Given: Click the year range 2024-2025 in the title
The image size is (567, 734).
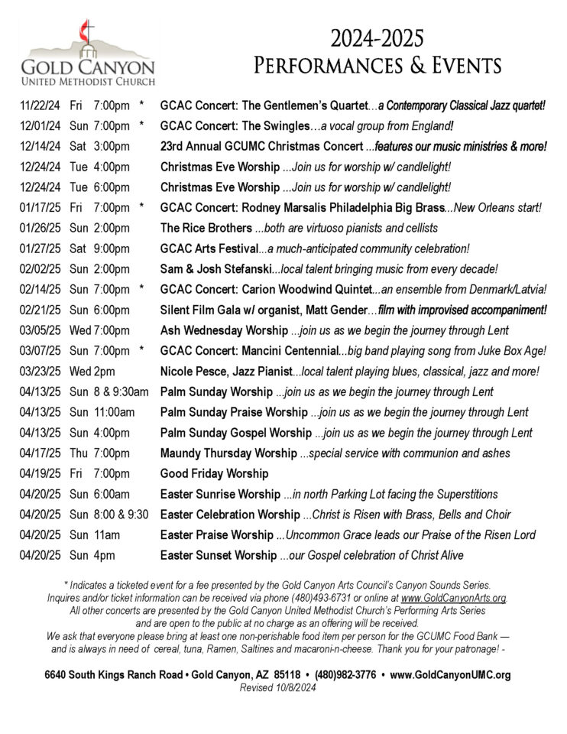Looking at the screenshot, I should (x=377, y=38).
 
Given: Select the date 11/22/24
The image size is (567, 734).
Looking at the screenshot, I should (x=38, y=105).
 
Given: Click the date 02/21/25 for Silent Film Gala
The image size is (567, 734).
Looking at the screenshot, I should (x=38, y=310).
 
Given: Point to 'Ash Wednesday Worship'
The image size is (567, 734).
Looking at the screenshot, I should (x=224, y=330).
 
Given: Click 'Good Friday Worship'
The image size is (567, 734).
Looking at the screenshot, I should (x=214, y=473).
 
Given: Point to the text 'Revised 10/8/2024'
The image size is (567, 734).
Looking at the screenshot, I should (x=277, y=687).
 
